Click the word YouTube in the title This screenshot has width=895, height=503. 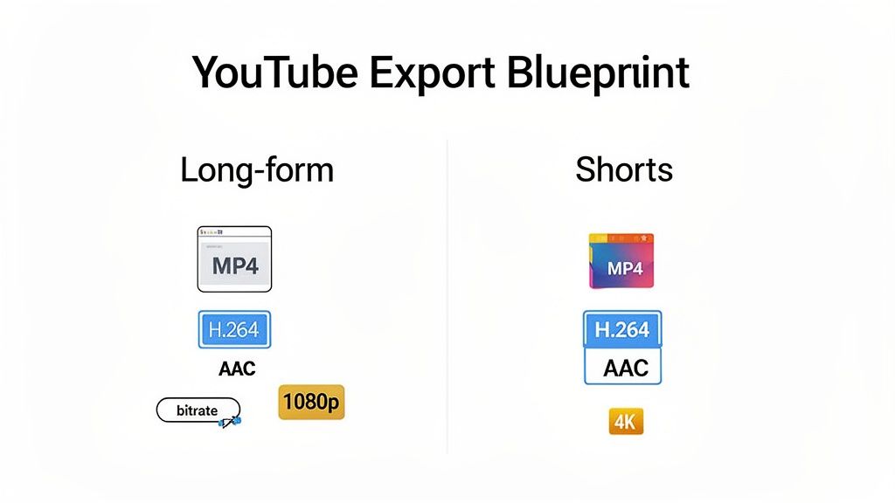tap(273, 72)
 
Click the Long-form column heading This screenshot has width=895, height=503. tap(256, 169)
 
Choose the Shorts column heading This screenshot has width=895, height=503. tap(623, 169)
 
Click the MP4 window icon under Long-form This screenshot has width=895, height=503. tap(234, 259)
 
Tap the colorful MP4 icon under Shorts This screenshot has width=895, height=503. tap(621, 261)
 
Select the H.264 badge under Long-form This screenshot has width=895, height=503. tap(234, 330)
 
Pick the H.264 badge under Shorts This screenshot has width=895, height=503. tap(621, 329)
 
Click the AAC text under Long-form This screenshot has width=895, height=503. tap(237, 369)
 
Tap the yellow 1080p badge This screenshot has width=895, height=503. tap(311, 403)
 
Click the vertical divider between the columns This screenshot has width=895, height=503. tap(447, 297)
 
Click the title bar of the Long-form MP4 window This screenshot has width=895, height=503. tap(234, 232)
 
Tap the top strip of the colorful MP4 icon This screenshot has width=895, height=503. tap(621, 238)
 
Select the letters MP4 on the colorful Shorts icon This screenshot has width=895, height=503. tap(624, 269)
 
